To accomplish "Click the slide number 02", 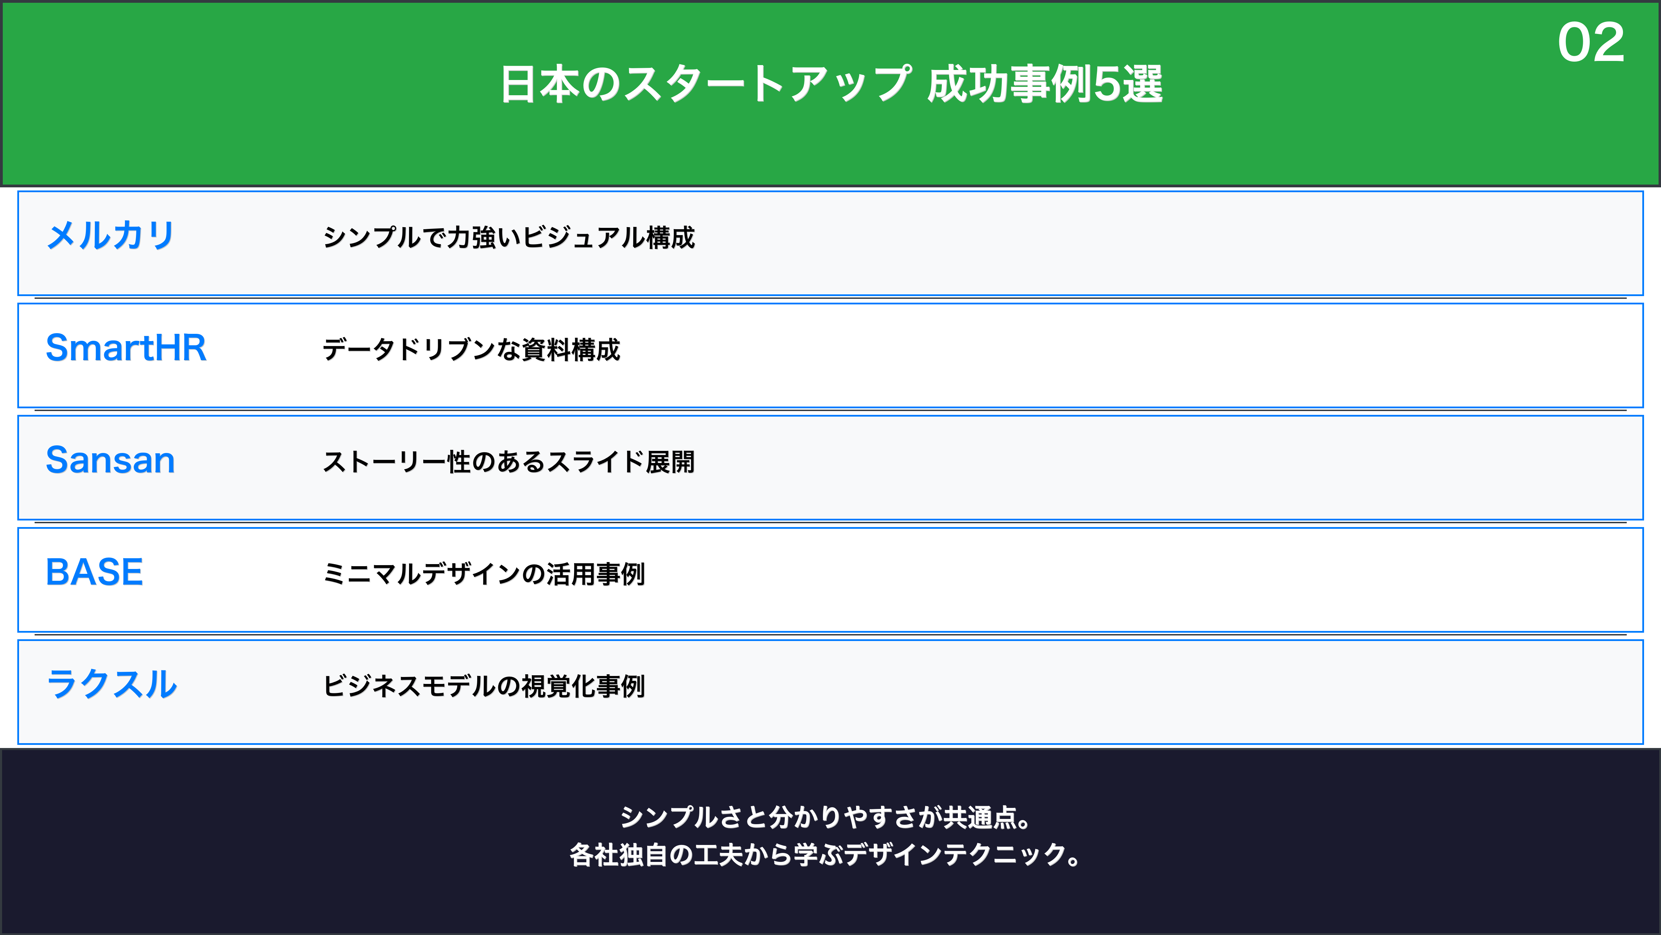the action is pyautogui.click(x=1591, y=43).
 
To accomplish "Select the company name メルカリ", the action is pyautogui.click(x=110, y=235).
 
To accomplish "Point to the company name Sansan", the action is pyautogui.click(x=110, y=460).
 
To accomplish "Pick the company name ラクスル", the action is pyautogui.click(x=111, y=684).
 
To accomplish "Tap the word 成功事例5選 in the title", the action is pyautogui.click(x=1045, y=84).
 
